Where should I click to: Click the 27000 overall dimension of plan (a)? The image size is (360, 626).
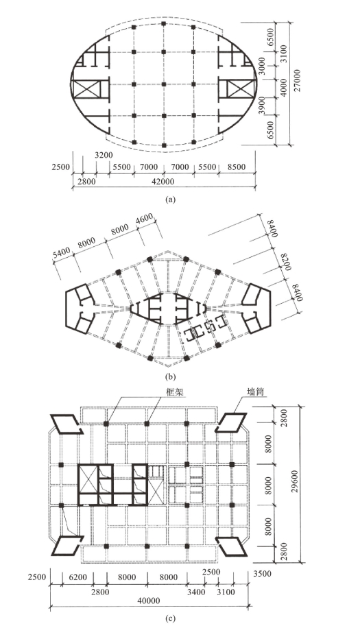[x=296, y=81]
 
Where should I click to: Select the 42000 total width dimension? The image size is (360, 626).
[x=163, y=182]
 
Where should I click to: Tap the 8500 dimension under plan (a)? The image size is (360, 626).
[x=237, y=167]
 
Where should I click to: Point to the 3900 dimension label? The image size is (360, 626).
[x=262, y=106]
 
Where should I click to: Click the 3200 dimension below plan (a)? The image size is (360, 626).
[x=104, y=155]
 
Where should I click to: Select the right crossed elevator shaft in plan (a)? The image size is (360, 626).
[x=239, y=88]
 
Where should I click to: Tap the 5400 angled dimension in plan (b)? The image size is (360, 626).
[x=61, y=253]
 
